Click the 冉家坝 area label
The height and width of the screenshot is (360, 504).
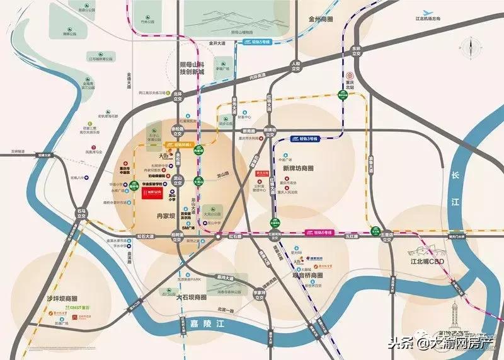tap(169, 216)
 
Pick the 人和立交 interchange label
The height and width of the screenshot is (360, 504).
tap(294, 66)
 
